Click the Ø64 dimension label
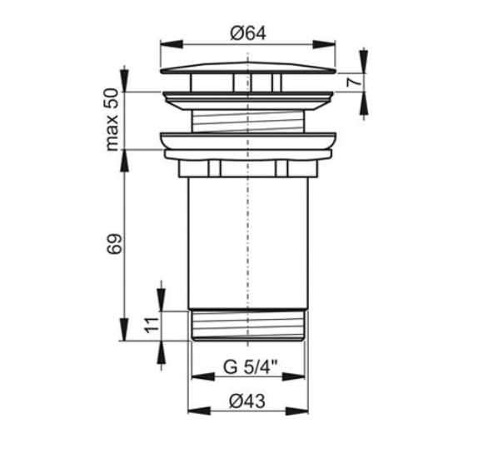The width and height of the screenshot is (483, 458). (x=248, y=33)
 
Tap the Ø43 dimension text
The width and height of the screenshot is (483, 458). (x=247, y=401)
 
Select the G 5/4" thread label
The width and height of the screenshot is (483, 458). (x=250, y=366)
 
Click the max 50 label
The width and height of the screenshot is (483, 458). (x=112, y=120)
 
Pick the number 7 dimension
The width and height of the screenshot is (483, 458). (x=353, y=82)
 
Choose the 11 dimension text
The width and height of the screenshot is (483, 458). (x=152, y=325)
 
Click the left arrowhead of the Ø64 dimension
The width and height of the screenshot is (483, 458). (x=172, y=44)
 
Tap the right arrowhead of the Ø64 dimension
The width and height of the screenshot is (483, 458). (x=324, y=44)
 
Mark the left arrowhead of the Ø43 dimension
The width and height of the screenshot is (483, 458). (x=199, y=411)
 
